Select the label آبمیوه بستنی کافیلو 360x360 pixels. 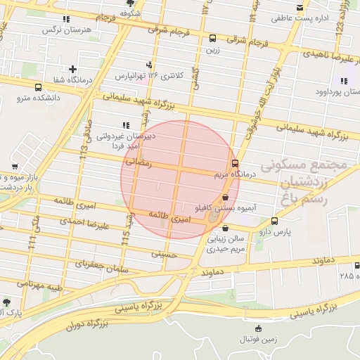tap(227, 208)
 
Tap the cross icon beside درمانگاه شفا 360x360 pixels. tap(72, 68)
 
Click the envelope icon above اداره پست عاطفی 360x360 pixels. tap(300, 8)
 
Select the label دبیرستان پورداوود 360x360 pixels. tap(337, 92)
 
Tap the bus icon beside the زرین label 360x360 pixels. tap(212, 39)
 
